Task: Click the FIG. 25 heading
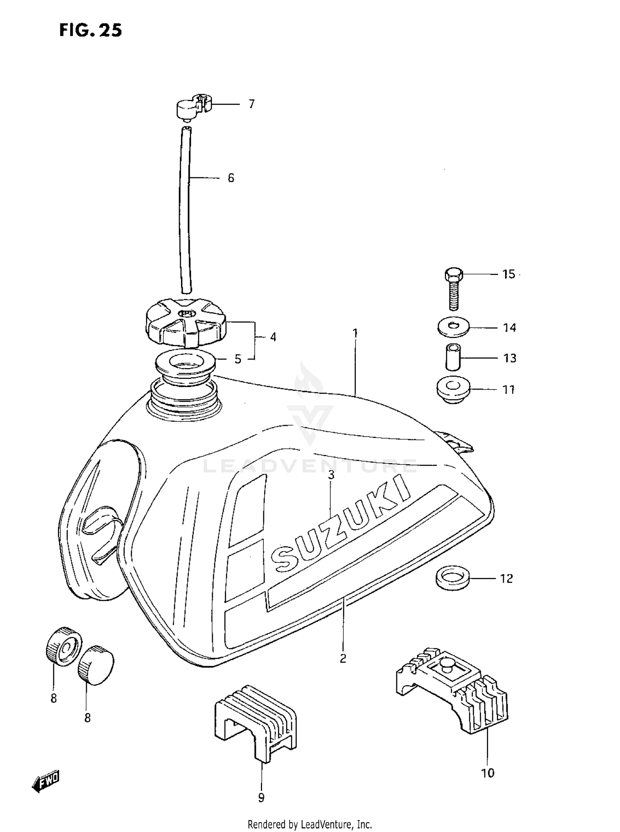tap(91, 31)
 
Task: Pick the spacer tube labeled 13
tap(453, 357)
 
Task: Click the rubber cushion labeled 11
tap(453, 390)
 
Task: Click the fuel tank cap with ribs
tap(186, 323)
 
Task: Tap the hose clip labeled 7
tap(191, 109)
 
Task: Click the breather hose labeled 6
tap(186, 211)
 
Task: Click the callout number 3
tap(331, 475)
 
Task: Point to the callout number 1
tap(355, 333)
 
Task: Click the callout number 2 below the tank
tap(343, 658)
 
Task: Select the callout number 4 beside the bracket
tap(273, 337)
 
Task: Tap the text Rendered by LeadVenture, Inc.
tap(310, 825)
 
